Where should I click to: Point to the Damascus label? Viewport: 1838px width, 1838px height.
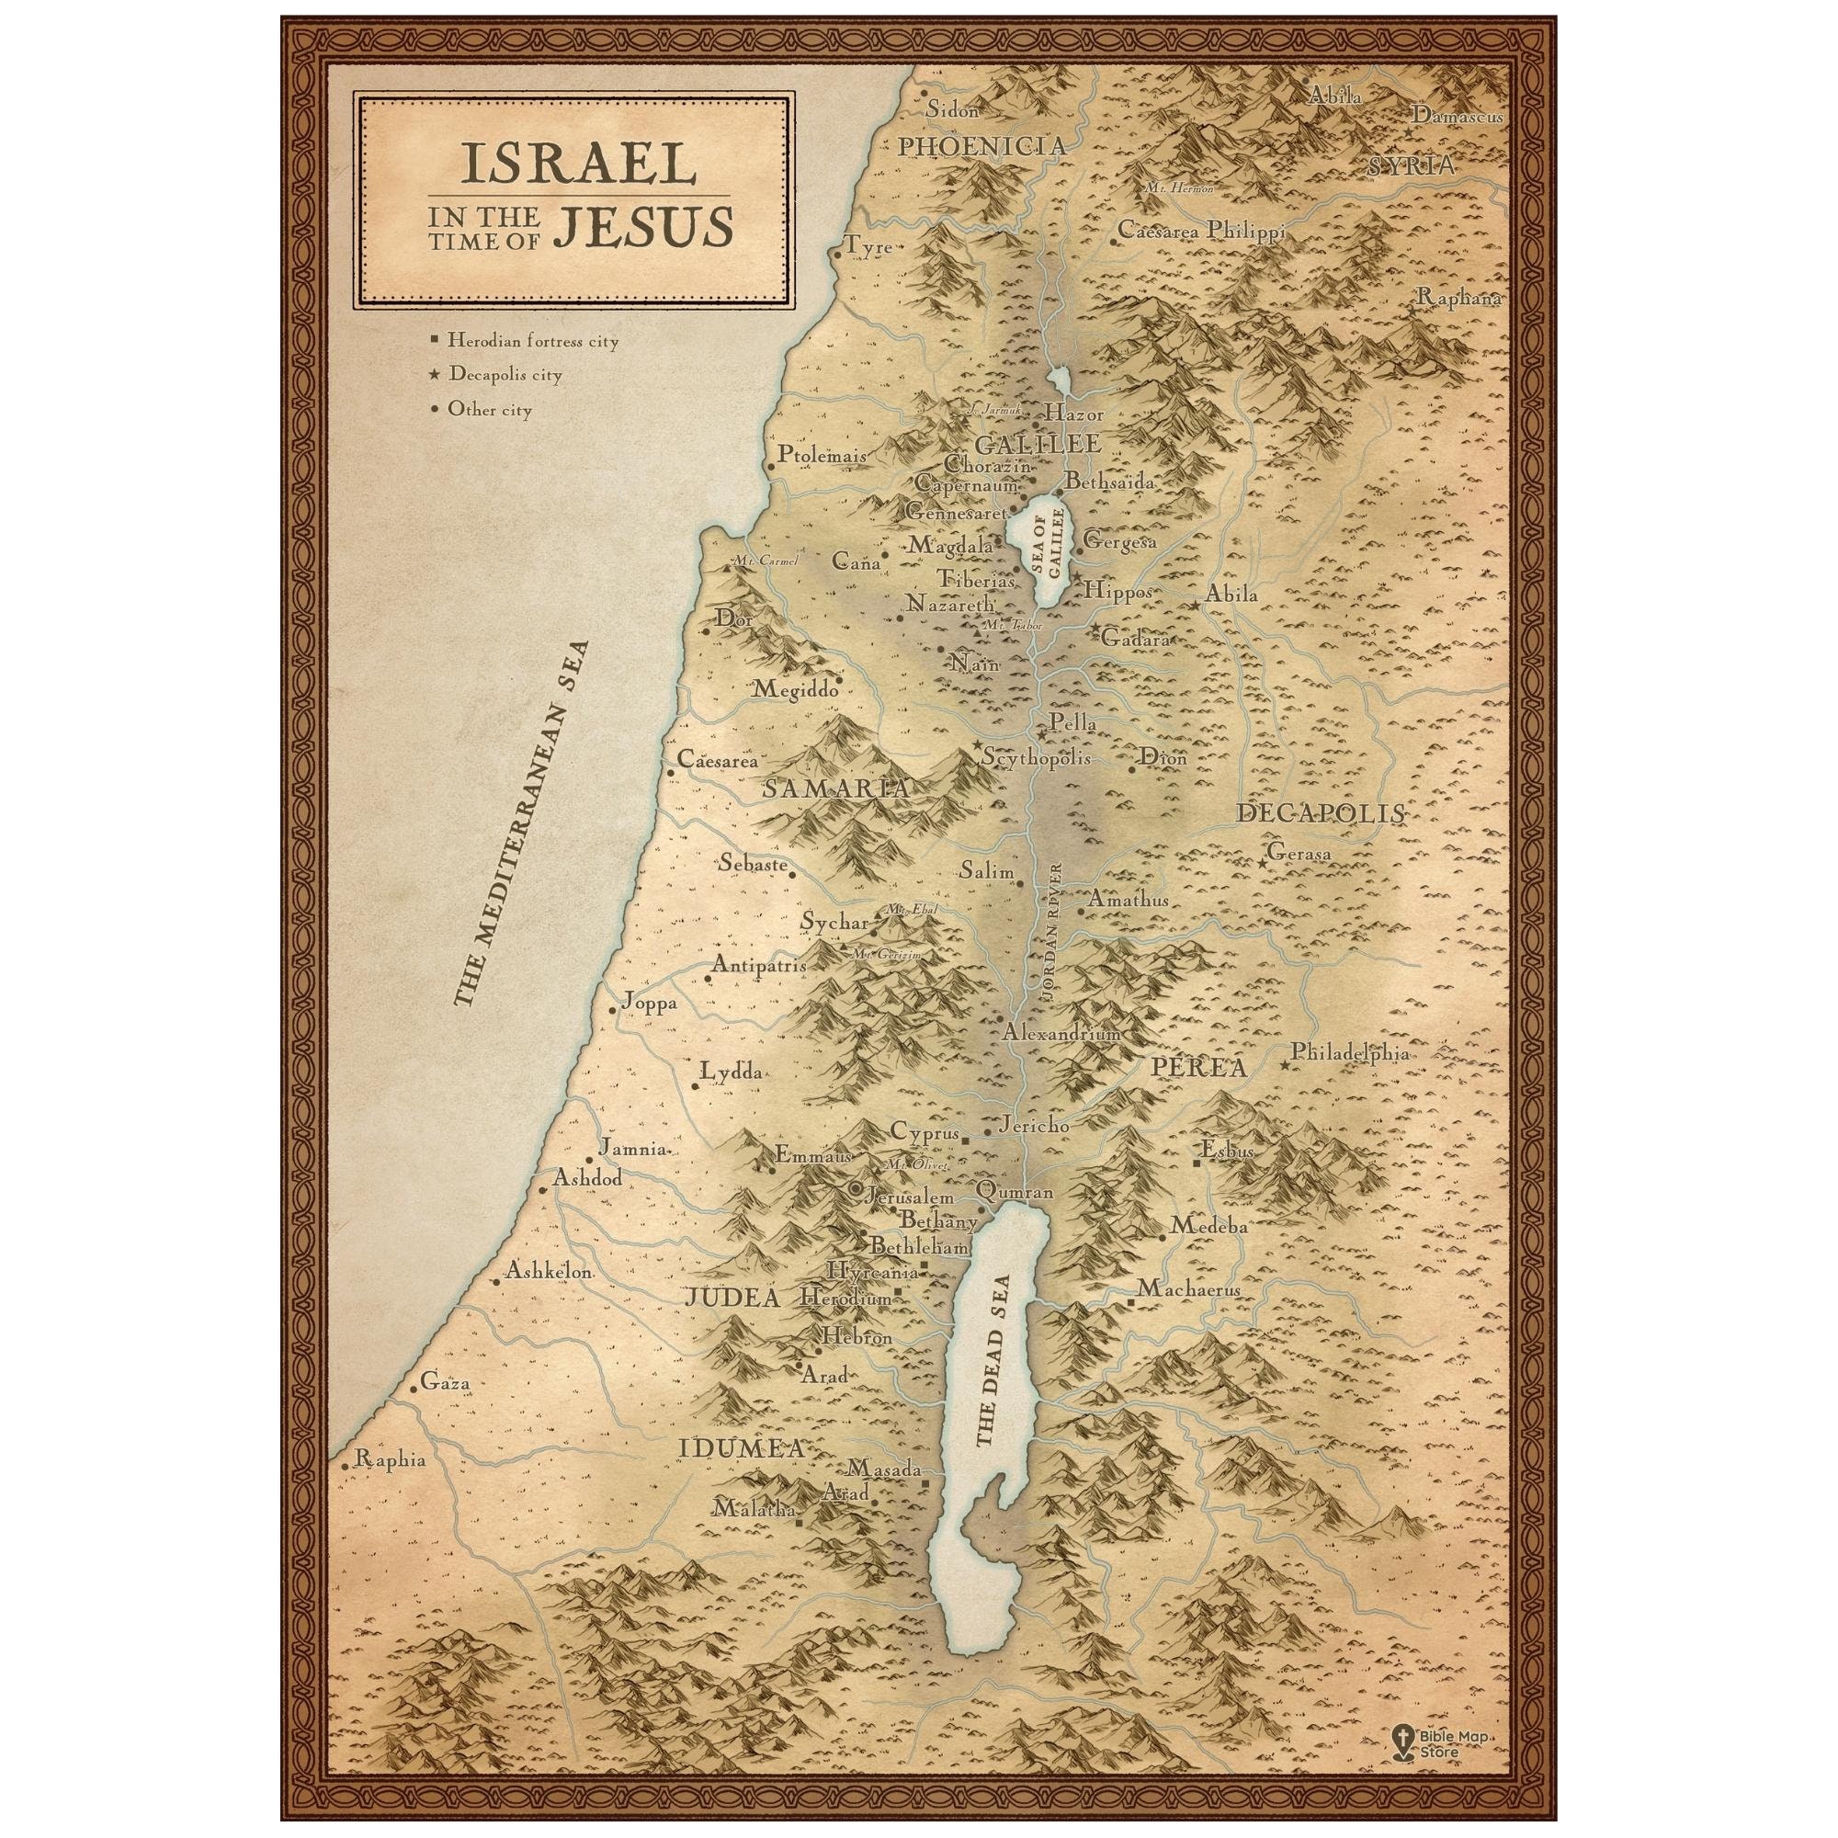click(x=1457, y=116)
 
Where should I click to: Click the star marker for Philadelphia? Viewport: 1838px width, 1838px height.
click(x=1285, y=1064)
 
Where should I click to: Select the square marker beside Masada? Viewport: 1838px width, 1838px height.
click(x=924, y=1510)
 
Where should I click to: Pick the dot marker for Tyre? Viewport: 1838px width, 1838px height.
click(x=837, y=254)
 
